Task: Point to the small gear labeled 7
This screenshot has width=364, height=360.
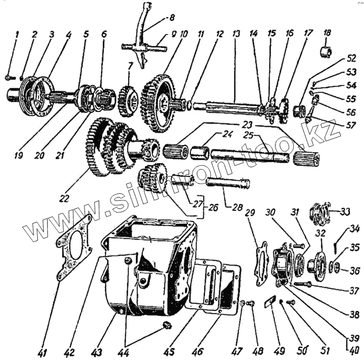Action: (x=127, y=97)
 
